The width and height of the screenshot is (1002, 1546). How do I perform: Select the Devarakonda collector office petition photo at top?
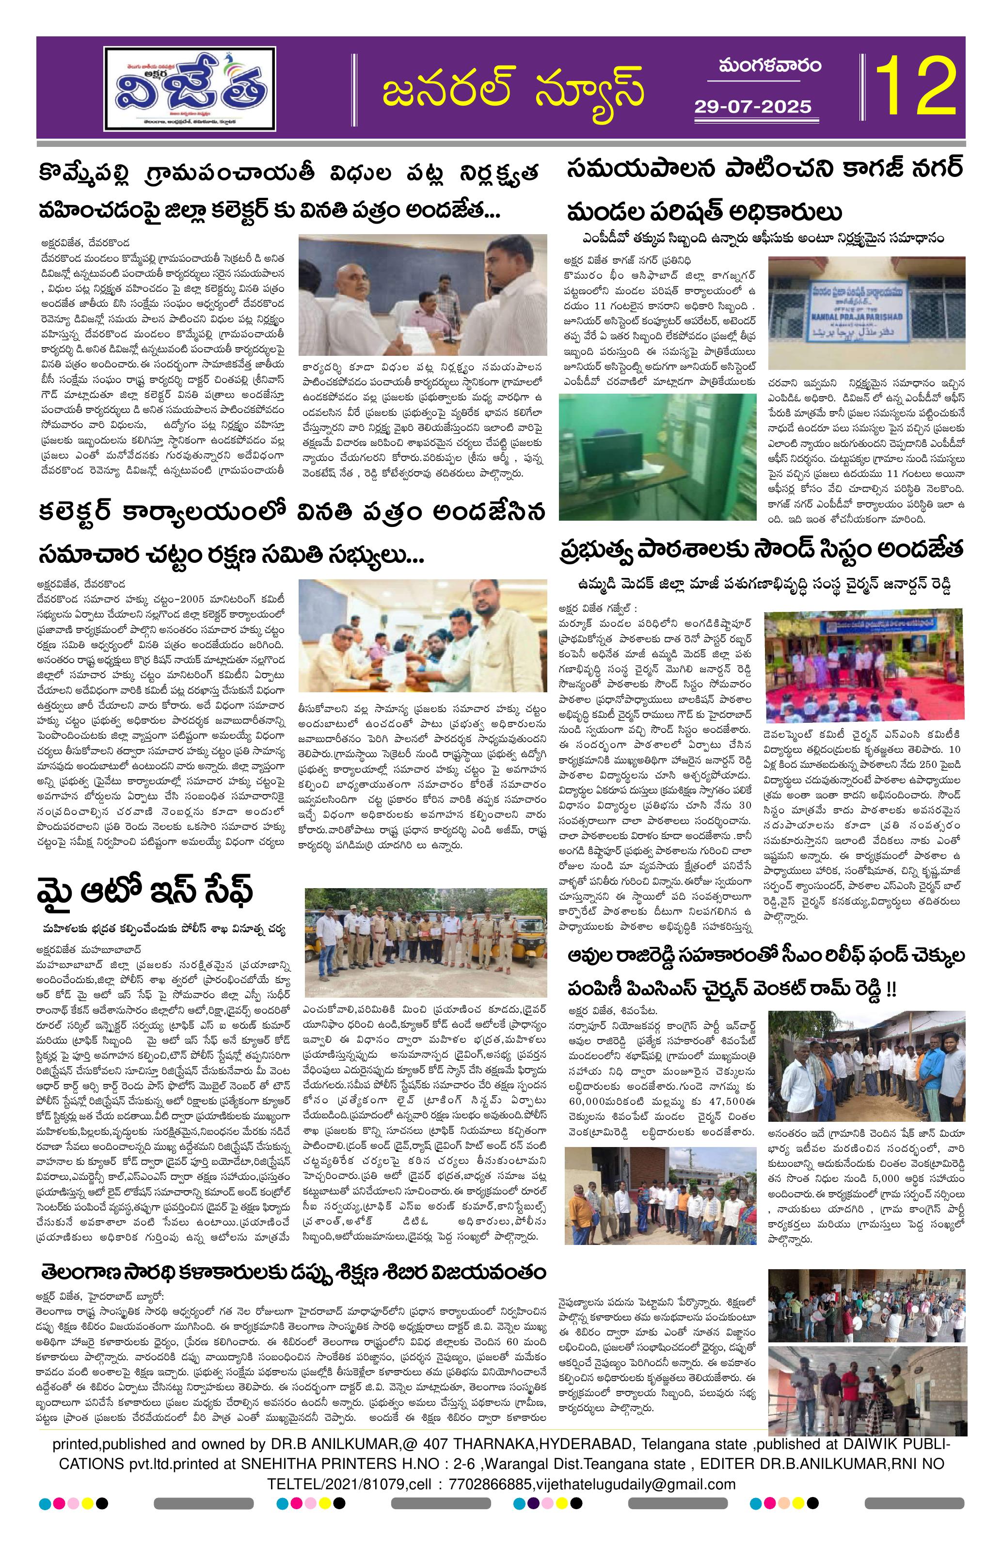(x=420, y=290)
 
